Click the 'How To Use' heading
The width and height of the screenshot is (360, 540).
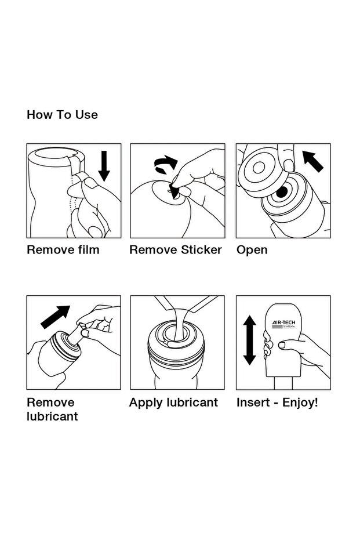click(x=62, y=115)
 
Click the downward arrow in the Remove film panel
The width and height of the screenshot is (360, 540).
click(x=104, y=166)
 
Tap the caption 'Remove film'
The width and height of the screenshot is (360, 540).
click(x=63, y=249)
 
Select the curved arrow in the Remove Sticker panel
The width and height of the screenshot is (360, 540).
click(x=166, y=164)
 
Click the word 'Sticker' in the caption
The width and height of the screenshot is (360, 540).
click(x=202, y=249)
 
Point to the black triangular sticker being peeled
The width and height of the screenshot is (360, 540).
click(x=174, y=192)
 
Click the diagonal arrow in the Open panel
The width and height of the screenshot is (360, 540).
click(x=312, y=161)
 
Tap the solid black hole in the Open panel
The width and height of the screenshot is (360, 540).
click(x=282, y=192)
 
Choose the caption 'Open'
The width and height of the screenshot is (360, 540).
click(x=252, y=250)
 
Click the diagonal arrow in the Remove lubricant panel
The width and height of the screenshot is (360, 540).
click(x=55, y=317)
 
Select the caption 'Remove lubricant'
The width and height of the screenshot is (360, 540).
click(x=52, y=409)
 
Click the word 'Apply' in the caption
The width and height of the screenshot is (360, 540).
click(x=146, y=403)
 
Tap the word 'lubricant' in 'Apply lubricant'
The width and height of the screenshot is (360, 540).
click(x=192, y=403)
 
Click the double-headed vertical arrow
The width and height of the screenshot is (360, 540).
click(x=249, y=340)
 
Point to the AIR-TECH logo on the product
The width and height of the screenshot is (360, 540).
click(x=283, y=324)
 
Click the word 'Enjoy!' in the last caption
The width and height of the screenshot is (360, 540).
click(x=300, y=403)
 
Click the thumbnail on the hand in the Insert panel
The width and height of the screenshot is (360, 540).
click(x=282, y=345)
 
